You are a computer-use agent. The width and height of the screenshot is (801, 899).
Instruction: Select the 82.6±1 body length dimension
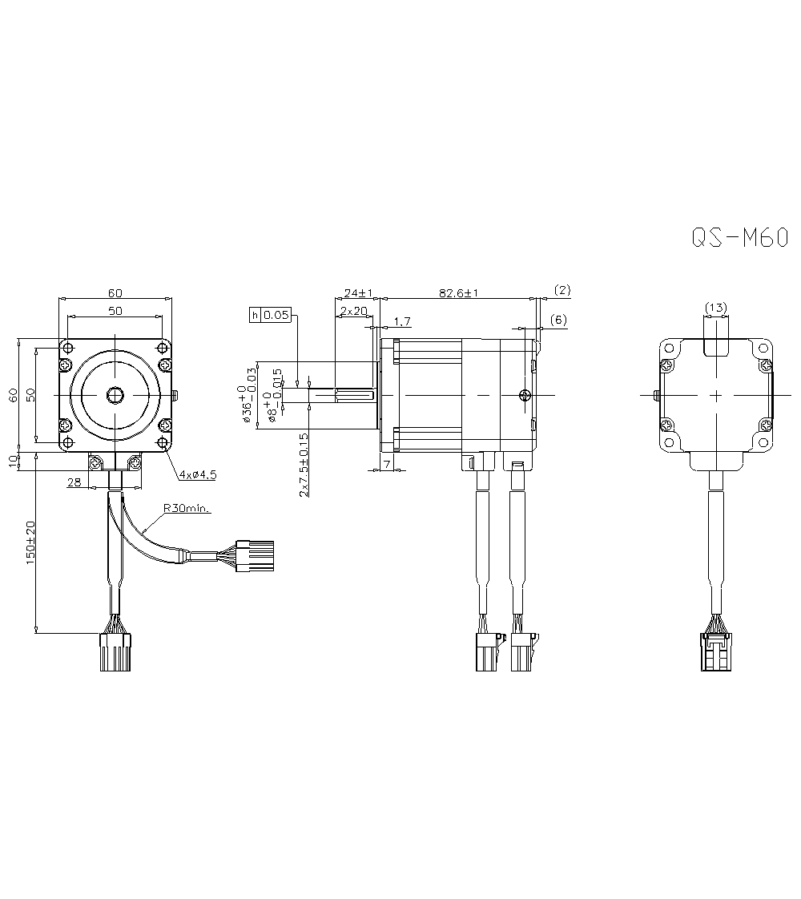coord(458,293)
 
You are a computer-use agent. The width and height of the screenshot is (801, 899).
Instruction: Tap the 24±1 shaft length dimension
coord(359,292)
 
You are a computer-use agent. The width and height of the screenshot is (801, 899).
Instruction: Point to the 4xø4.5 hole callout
coord(197,474)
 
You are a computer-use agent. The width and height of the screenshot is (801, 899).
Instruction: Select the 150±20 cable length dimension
coord(30,544)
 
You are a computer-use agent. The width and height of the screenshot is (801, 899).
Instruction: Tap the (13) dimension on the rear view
coord(715,308)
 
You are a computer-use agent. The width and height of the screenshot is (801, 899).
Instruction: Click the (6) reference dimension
coord(558,320)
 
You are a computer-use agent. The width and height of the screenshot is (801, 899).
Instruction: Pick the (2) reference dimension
coord(562,289)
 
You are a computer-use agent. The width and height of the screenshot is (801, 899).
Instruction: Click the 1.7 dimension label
coord(402,322)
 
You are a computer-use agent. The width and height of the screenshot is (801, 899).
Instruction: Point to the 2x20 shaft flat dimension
coord(352,311)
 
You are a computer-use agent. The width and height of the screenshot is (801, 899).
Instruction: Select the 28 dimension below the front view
coord(74,482)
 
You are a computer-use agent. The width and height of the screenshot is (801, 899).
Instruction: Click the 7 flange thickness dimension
coord(387,464)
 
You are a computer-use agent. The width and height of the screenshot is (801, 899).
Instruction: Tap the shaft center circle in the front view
coord(115,395)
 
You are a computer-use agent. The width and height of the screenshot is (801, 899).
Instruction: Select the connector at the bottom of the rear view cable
coord(715,652)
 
